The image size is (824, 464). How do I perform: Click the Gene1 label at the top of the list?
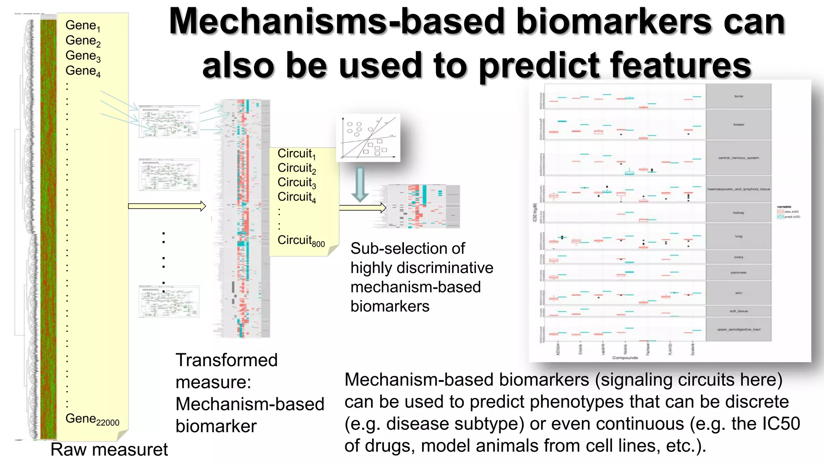(x=82, y=25)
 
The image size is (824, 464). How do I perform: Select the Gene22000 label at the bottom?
(x=92, y=419)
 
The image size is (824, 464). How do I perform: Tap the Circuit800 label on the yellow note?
(x=301, y=240)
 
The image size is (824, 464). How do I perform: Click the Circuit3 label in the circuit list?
(x=297, y=182)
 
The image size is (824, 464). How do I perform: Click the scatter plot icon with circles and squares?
(x=368, y=138)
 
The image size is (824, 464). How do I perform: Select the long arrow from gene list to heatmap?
(x=167, y=206)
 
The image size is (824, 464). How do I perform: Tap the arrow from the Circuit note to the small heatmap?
(x=363, y=208)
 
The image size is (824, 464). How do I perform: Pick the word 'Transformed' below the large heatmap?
(x=227, y=360)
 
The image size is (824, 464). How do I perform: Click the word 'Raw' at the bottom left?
(x=66, y=449)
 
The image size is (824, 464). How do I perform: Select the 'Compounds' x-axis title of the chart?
(x=625, y=358)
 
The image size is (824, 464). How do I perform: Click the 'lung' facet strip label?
(x=738, y=236)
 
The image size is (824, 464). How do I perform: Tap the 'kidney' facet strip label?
(x=738, y=213)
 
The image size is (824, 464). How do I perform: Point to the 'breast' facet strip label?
(x=738, y=124)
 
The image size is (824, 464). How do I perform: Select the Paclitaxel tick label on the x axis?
(x=648, y=348)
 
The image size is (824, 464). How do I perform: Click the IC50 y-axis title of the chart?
(x=535, y=213)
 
